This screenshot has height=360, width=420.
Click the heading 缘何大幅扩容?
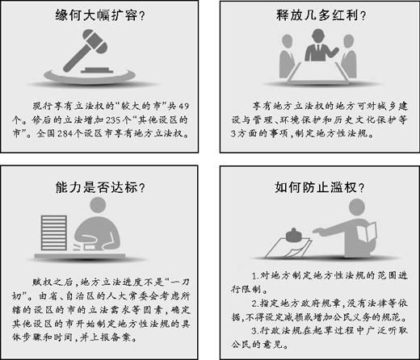100,15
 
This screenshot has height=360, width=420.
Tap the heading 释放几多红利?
321,15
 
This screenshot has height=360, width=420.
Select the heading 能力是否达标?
100,187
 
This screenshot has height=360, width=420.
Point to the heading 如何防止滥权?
320,187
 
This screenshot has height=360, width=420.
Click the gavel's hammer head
94,41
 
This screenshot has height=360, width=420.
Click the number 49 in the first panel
183,106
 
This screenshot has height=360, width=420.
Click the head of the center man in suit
318,36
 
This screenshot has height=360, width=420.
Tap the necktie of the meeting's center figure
318,51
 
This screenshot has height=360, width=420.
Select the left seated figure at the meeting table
287,57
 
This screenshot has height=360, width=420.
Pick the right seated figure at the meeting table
349,57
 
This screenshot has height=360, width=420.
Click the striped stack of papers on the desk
54,232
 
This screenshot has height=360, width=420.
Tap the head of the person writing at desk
98,205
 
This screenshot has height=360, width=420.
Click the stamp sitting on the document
294,236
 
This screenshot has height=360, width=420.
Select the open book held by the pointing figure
367,232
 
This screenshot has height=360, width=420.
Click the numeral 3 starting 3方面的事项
233,133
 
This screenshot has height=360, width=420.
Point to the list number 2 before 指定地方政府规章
254,303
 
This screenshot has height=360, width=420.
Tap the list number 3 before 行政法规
254,331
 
